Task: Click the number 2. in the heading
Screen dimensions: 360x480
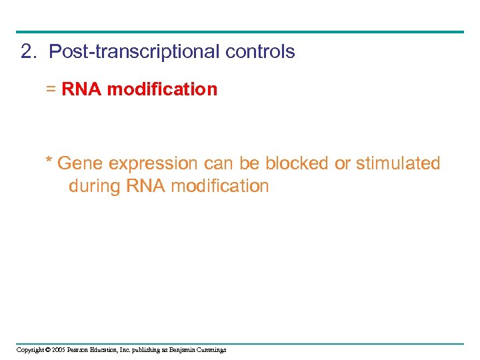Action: (29, 52)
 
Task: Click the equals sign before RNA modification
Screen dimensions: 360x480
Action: (51, 89)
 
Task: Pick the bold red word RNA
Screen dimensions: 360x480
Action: (82, 89)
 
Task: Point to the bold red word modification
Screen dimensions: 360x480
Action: (162, 89)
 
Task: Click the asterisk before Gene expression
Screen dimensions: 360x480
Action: (49, 161)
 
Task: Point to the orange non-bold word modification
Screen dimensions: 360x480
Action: (220, 186)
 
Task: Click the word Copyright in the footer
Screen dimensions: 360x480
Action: (31, 349)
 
